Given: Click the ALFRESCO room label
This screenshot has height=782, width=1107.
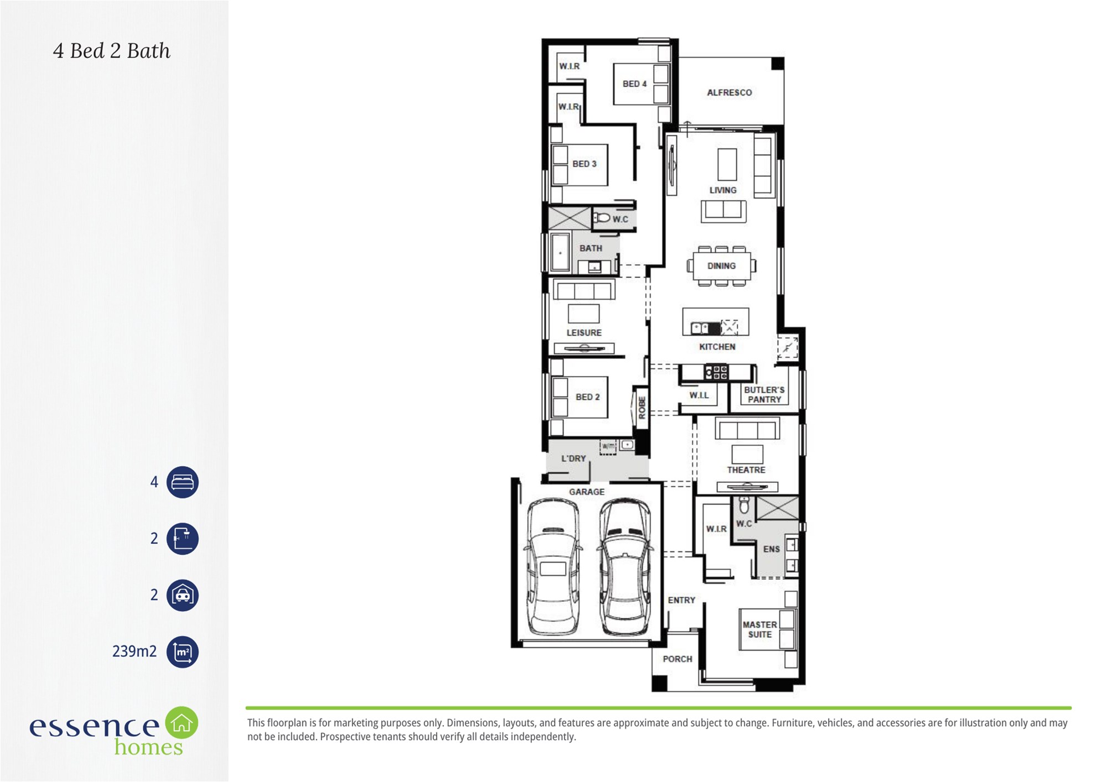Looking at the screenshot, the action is coord(729,92).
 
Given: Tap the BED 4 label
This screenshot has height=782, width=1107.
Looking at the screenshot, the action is coord(634,84).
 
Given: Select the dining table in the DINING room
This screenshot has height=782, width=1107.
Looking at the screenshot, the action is coord(721,266).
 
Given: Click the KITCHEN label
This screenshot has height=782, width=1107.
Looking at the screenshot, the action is coord(717,347).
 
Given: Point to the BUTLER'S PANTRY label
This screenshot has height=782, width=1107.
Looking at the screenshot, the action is coord(764,394).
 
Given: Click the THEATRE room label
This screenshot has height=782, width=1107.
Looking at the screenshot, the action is coord(746,470).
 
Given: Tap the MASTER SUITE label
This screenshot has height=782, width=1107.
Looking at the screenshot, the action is coord(759,629).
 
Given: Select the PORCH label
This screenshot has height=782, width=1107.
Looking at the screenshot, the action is coord(677,659).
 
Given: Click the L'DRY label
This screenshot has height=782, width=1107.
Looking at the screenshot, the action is coord(573,458).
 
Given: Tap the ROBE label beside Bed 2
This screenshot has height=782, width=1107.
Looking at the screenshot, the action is coord(642,408).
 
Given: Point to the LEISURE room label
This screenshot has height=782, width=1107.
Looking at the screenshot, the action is coord(584,332).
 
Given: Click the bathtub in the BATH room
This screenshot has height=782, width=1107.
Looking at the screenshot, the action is coord(560,252).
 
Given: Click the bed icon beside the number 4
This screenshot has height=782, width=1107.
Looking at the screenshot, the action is coord(183,482).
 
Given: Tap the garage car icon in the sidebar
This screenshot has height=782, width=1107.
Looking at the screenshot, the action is coord(183,595).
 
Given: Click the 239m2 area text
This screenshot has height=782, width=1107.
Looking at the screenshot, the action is coord(135,651).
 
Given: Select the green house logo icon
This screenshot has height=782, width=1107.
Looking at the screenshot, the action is coord(182,722).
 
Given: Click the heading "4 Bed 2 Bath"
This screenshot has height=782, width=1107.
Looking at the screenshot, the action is coord(112,51).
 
